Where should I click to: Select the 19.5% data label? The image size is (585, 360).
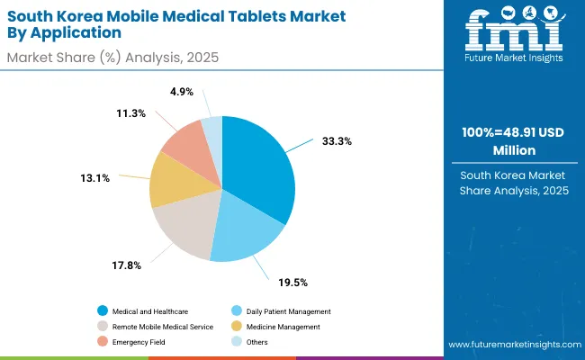click(294, 282)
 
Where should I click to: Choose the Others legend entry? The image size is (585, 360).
click(253, 341)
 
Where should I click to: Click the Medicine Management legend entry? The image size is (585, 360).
click(279, 326)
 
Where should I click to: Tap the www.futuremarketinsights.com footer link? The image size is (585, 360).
click(511, 345)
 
